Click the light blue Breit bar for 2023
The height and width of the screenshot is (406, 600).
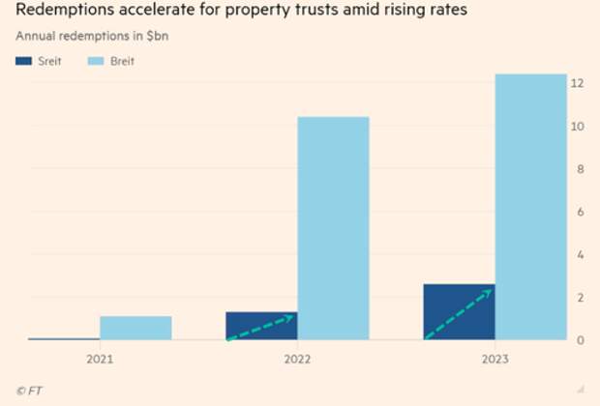[x=530, y=207]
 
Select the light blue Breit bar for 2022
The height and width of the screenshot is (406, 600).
[x=333, y=228]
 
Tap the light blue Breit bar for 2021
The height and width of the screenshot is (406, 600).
[x=135, y=328]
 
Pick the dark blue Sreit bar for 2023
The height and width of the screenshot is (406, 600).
[x=459, y=312]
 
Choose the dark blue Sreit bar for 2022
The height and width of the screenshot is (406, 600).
[x=261, y=326]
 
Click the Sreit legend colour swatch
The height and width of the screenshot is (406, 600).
[x=24, y=61]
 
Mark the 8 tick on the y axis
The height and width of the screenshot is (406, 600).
[x=578, y=169]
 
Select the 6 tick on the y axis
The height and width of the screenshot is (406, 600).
[x=578, y=212]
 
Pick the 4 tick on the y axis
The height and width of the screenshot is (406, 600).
[x=578, y=255]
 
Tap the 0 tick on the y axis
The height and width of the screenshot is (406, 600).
[x=578, y=340]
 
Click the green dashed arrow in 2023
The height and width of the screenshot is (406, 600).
[x=460, y=314]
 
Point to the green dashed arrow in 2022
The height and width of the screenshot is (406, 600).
[x=261, y=327]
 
